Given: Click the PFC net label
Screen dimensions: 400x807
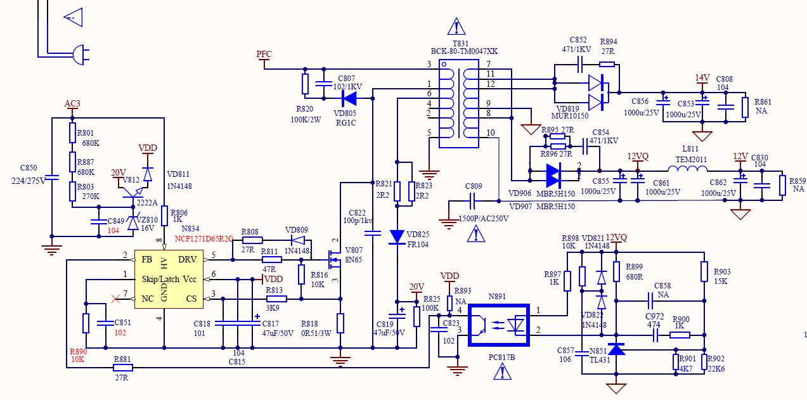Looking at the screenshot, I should pyautogui.click(x=264, y=54).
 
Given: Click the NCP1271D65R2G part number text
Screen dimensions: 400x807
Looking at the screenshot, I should pyautogui.click(x=204, y=238).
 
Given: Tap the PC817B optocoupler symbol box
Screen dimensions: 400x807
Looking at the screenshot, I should pyautogui.click(x=499, y=325).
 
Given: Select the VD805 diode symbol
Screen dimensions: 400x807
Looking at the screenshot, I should pyautogui.click(x=349, y=98).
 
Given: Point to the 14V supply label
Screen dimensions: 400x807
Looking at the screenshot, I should pyautogui.click(x=702, y=78).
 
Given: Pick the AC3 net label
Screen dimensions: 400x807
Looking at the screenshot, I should pyautogui.click(x=72, y=103).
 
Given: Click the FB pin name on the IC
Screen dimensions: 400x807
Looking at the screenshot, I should pyautogui.click(x=146, y=259).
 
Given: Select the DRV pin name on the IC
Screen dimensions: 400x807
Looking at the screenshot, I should pyautogui.click(x=188, y=259).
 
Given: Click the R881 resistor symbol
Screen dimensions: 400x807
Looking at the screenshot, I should pyautogui.click(x=122, y=367).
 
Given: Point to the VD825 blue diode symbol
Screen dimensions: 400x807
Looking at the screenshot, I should pyautogui.click(x=397, y=236).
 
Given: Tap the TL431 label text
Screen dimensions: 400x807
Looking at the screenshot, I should pyautogui.click(x=599, y=359).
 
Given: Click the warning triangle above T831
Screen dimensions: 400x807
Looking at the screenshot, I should pyautogui.click(x=456, y=27).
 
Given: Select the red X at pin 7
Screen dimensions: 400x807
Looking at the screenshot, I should pyautogui.click(x=115, y=298).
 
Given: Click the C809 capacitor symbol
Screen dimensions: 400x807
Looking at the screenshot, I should pyautogui.click(x=472, y=202).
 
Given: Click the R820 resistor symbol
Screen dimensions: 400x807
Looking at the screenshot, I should pyautogui.click(x=306, y=84).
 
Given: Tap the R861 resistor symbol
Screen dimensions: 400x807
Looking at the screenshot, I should pyautogui.click(x=745, y=107).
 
